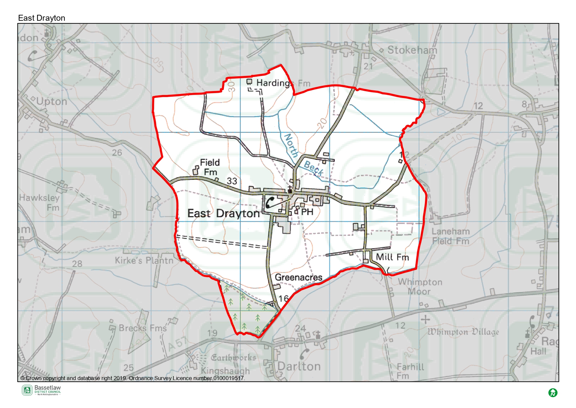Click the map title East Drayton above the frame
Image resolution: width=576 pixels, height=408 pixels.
pyautogui.click(x=42, y=18)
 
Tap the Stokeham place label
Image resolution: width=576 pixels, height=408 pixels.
pyautogui.click(x=412, y=50)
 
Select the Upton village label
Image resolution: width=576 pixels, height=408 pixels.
pyautogui.click(x=52, y=102)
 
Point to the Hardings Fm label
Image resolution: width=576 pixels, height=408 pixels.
pyautogui.click(x=283, y=83)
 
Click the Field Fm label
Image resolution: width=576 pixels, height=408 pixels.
pyautogui.click(x=210, y=167)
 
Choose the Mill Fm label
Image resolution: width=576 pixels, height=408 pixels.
pyautogui.click(x=392, y=257)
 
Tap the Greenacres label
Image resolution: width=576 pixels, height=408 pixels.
pyautogui.click(x=299, y=277)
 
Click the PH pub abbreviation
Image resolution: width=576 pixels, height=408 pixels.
pyautogui.click(x=307, y=212)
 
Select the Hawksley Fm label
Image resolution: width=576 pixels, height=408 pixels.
pyautogui.click(x=40, y=203)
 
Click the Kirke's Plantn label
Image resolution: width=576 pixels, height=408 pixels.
pyautogui.click(x=144, y=261)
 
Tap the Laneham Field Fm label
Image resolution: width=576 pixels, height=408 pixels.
pyautogui.click(x=451, y=236)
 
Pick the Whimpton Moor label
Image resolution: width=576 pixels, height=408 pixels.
pyautogui.click(x=420, y=287)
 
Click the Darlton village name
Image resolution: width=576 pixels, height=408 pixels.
pyautogui.click(x=299, y=366)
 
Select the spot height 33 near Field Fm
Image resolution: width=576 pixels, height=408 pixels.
pyautogui.click(x=232, y=181)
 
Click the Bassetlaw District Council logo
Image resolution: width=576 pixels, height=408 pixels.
pyautogui.click(x=41, y=390)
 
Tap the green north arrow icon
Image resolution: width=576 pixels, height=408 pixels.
pyautogui.click(x=553, y=393)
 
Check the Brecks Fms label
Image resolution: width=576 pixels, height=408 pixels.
pyautogui.click(x=143, y=328)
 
